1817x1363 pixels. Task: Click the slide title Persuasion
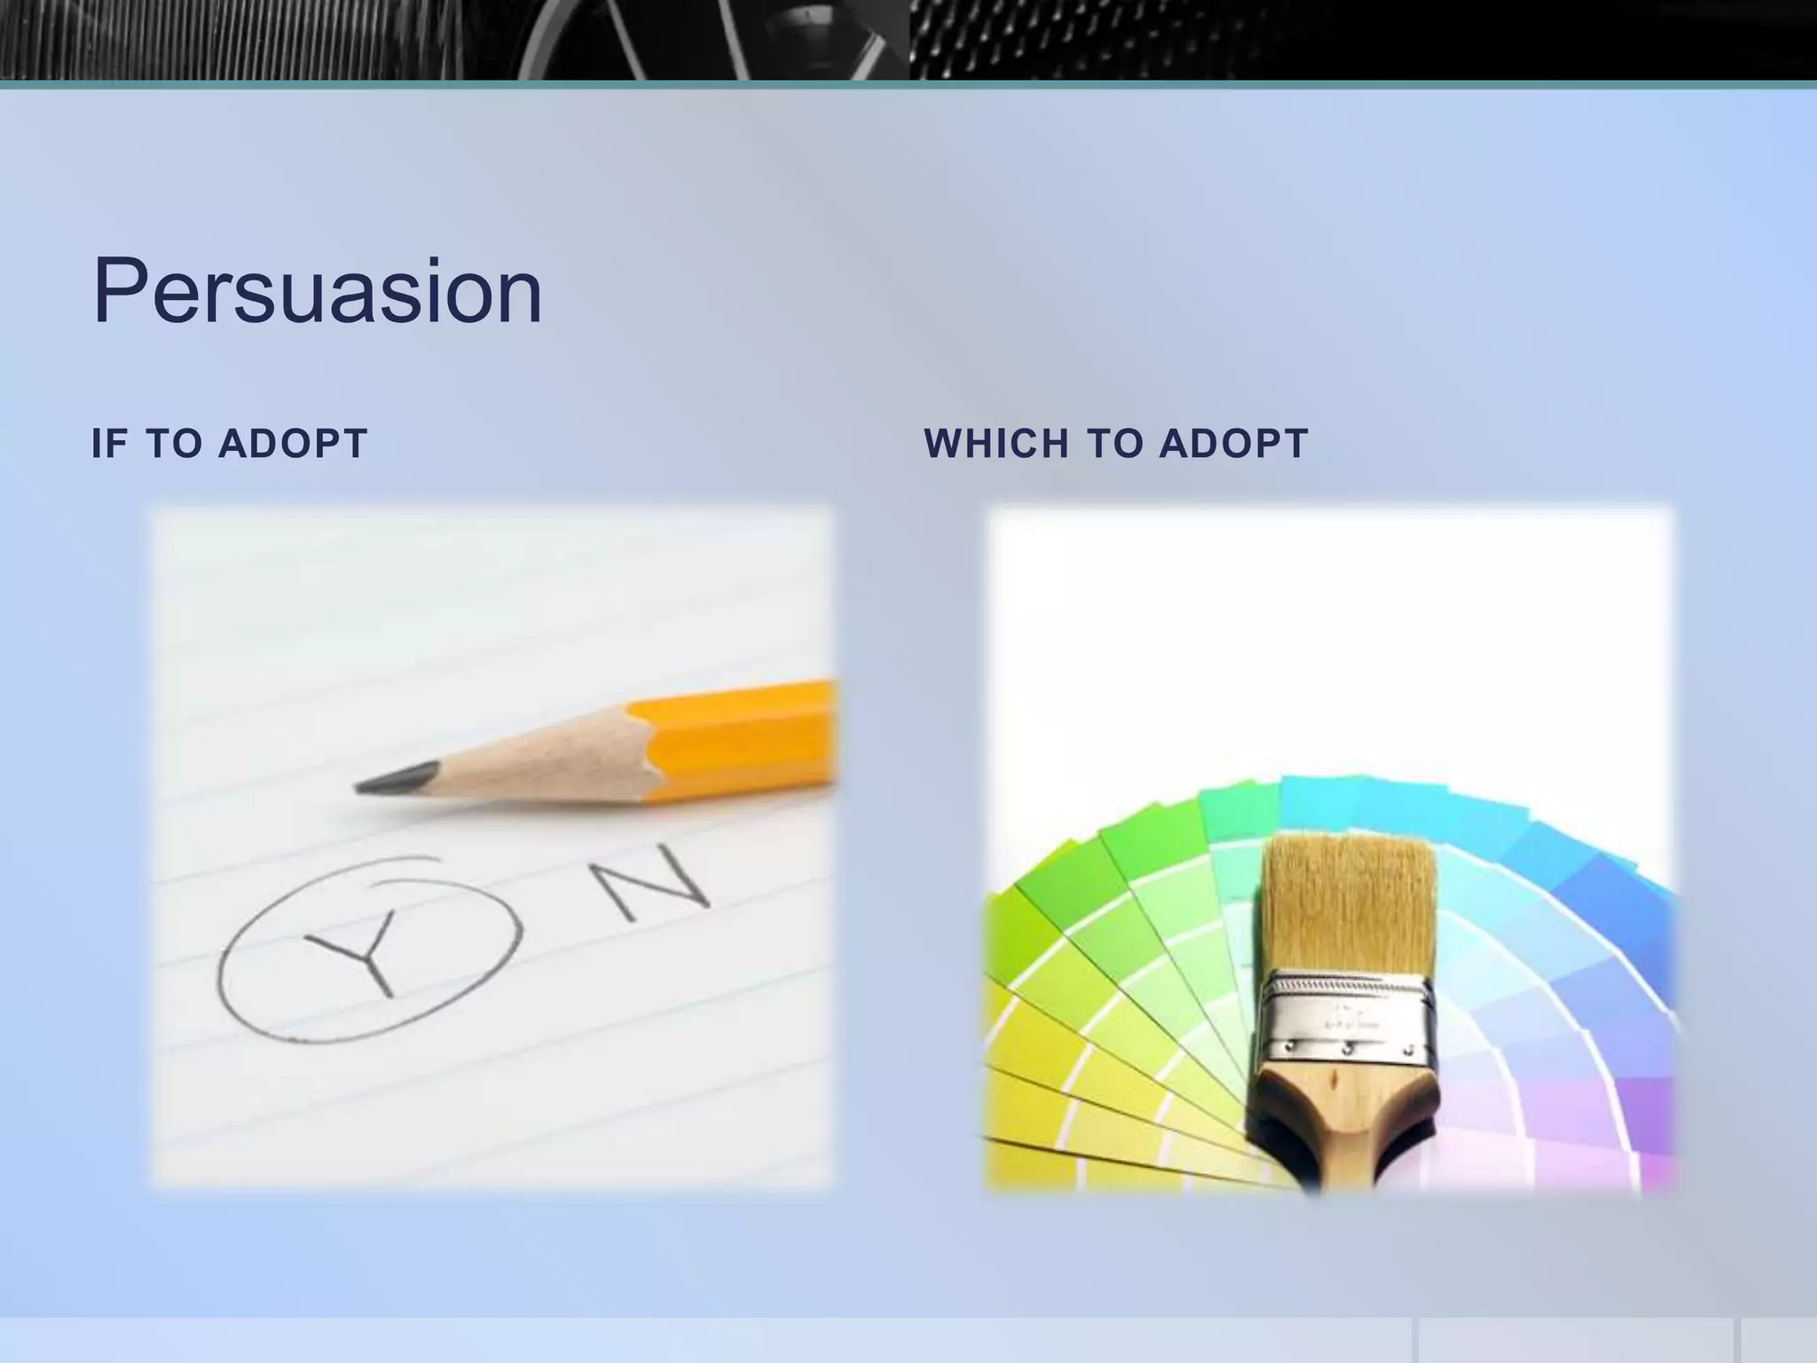coord(317,291)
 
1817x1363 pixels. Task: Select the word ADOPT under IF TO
coord(293,444)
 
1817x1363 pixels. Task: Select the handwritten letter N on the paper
coord(652,882)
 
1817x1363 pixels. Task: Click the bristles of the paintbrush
coord(1349,905)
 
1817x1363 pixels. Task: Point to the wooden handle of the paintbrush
coord(1340,1118)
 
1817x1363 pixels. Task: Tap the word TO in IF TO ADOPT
coord(174,444)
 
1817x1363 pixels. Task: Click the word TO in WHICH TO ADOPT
coord(1114,444)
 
